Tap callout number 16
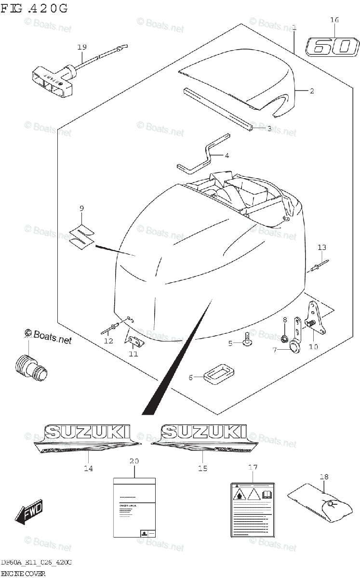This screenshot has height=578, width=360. pyautogui.click(x=334, y=20)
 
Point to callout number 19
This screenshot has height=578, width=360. pyautogui.click(x=82, y=47)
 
